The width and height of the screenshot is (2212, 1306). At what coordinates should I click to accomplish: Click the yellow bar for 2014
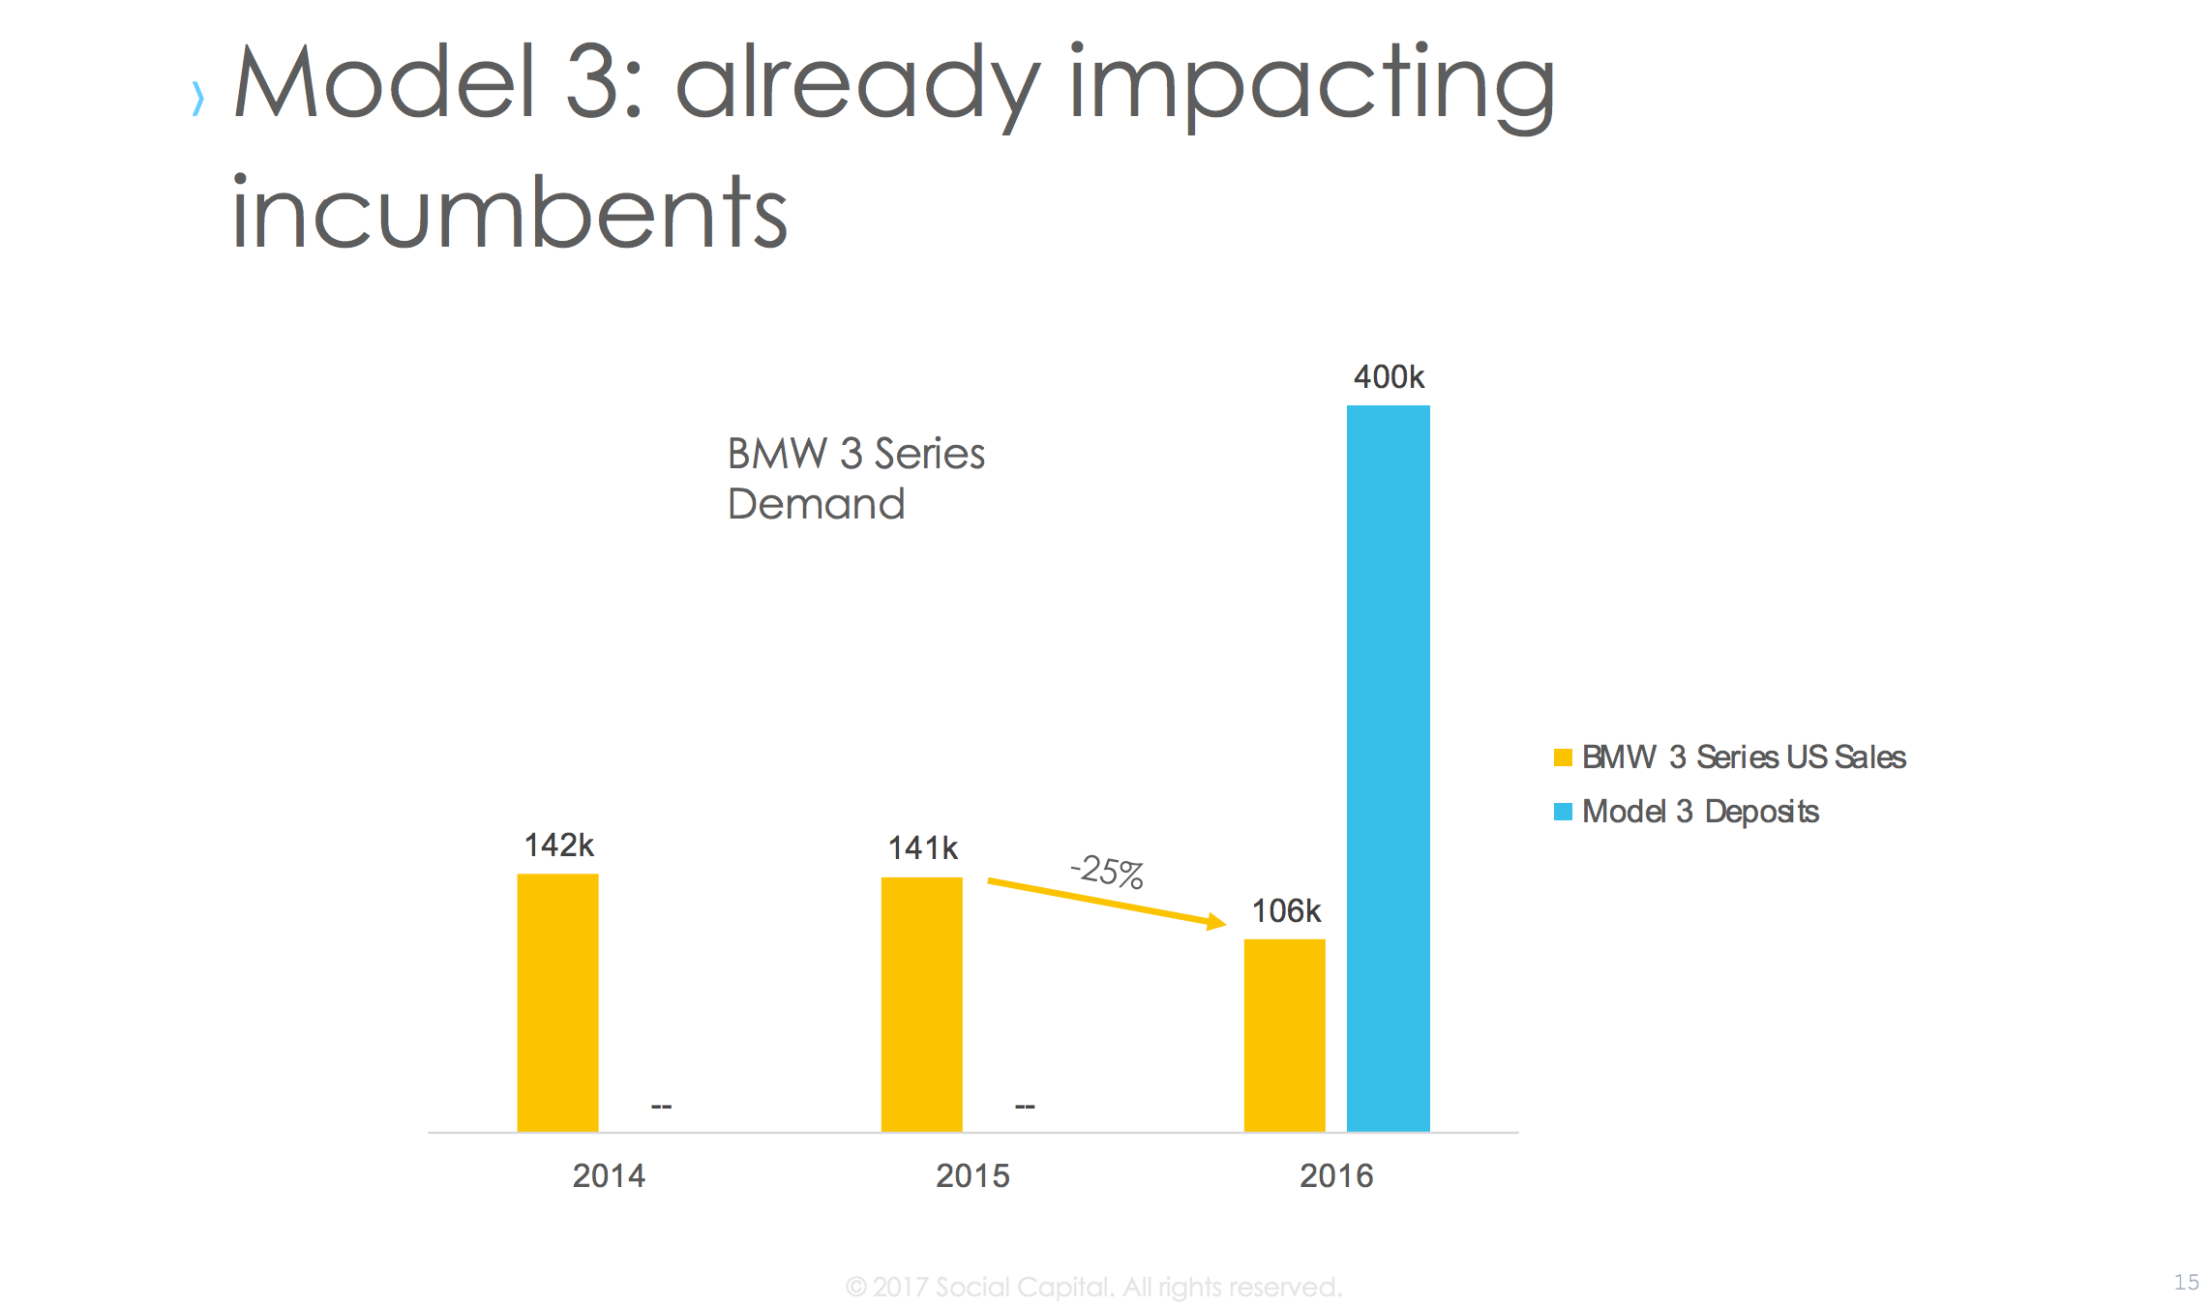coord(557,1002)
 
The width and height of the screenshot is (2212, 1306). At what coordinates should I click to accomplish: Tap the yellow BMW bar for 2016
coord(1284,1035)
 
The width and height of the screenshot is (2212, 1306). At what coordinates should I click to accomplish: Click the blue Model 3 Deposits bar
coord(1388,768)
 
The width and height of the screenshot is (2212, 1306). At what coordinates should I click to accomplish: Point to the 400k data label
coord(1389,376)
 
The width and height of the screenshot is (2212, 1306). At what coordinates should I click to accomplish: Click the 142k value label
coord(558,846)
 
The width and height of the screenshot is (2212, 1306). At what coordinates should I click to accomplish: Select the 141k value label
coord(922,848)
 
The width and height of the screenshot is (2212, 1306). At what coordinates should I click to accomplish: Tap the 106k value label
coord(1286,910)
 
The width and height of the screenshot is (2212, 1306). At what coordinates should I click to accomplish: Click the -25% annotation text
coord(1107,871)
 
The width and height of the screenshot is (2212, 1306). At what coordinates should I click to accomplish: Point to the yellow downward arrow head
coord(1215,922)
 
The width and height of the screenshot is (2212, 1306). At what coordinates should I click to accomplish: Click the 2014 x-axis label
coord(609,1175)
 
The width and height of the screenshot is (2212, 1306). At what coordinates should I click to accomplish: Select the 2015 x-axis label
coord(972,1175)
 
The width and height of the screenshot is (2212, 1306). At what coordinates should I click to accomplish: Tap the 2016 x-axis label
coord(1336,1175)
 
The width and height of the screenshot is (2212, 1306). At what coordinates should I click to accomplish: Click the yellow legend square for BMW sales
coord(1563,757)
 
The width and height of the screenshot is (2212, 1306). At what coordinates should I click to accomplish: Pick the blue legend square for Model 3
coord(1563,812)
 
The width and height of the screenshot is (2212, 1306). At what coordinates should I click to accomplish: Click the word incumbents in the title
coord(510,212)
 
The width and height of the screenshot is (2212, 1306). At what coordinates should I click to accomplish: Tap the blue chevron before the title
coord(198,98)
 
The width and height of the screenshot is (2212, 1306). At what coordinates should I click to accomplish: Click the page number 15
coord(2186,1282)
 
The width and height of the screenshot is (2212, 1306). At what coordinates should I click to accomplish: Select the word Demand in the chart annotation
coord(816,504)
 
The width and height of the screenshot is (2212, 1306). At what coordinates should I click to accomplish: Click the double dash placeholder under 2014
coord(661,1106)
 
